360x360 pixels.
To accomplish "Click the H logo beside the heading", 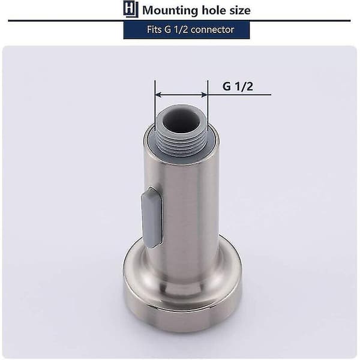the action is [x=131, y=9].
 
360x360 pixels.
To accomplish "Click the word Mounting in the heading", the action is [x=170, y=11].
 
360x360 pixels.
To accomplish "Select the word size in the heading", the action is [x=240, y=11].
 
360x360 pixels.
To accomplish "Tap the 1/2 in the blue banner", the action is [x=181, y=29].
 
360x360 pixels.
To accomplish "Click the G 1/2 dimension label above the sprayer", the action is [x=238, y=86].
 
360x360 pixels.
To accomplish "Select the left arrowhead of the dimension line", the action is [x=158, y=95].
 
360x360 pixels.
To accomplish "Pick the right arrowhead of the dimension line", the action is [x=205, y=95].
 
